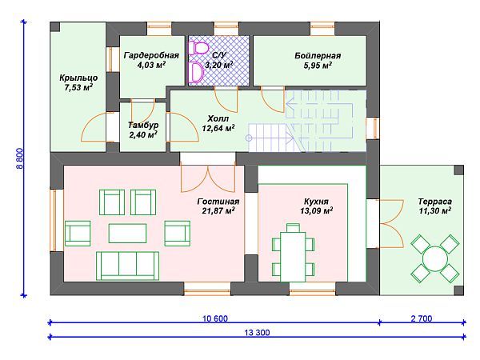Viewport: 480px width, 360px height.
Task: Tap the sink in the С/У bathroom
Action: click(x=196, y=72)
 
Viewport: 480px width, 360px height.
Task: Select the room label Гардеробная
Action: click(x=151, y=55)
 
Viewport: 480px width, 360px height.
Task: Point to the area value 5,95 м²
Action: click(x=318, y=65)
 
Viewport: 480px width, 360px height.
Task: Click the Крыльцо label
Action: click(x=78, y=78)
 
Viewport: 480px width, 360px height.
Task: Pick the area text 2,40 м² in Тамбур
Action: click(x=143, y=134)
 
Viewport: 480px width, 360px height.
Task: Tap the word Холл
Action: click(x=218, y=118)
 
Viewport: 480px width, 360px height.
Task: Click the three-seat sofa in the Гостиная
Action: click(x=128, y=266)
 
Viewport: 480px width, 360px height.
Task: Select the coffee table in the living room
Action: click(x=127, y=233)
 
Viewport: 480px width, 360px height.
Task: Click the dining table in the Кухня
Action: click(x=293, y=257)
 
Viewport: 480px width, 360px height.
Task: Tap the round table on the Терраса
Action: click(x=435, y=259)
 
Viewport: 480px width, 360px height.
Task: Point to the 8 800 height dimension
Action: click(x=19, y=158)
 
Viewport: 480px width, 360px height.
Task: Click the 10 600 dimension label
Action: click(x=215, y=318)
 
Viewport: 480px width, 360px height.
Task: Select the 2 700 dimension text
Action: click(x=422, y=318)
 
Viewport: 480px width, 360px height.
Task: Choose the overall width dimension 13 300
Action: click(x=257, y=333)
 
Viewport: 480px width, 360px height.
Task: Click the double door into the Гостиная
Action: click(x=208, y=178)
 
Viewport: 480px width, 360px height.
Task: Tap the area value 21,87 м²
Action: click(x=218, y=210)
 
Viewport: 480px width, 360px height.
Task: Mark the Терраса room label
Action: click(x=435, y=202)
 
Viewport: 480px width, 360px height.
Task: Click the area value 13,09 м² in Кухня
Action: click(x=317, y=210)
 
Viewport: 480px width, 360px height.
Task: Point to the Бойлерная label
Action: click(x=318, y=56)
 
